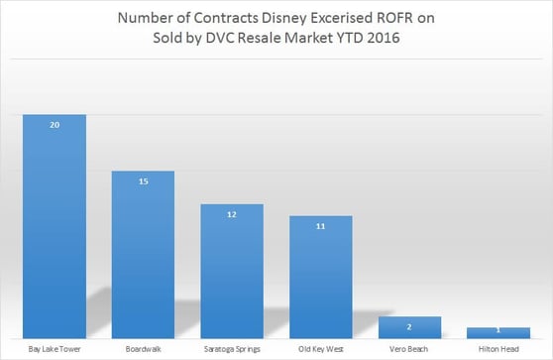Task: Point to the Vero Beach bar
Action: tap(410, 328)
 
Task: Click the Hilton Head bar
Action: tap(498, 334)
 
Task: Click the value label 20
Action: tap(54, 125)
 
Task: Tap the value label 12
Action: tap(232, 215)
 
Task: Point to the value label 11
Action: tap(321, 226)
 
